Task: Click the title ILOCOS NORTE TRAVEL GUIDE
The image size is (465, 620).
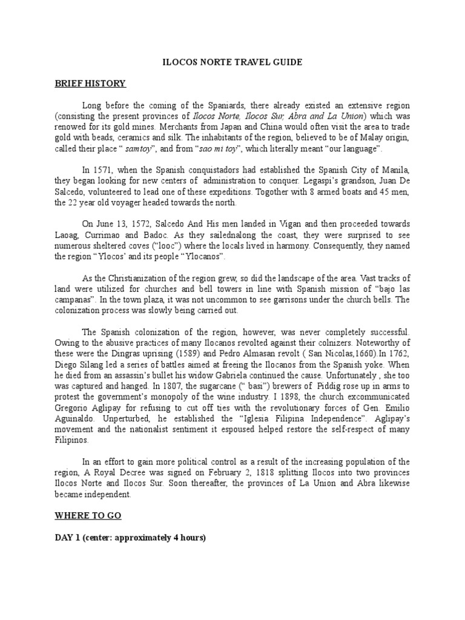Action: (232, 62)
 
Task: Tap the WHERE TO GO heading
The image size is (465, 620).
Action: (88, 516)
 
